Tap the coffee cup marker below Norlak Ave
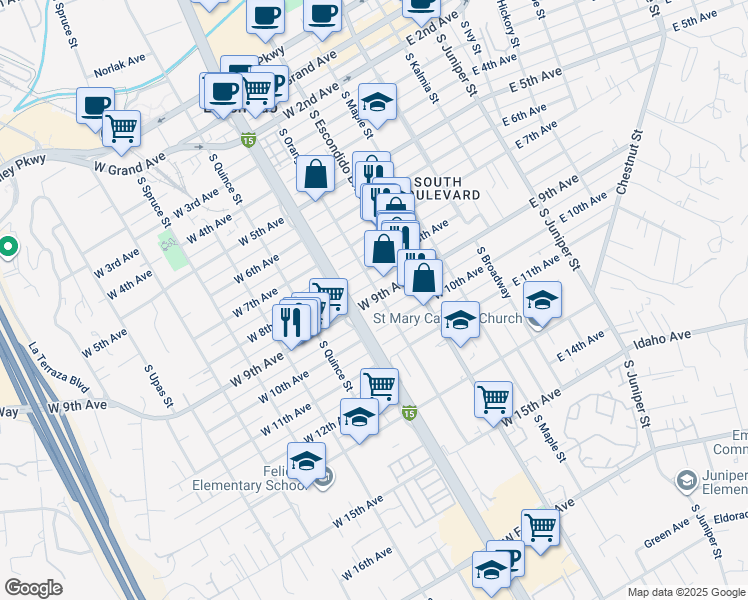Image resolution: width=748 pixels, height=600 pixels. pyautogui.click(x=95, y=105)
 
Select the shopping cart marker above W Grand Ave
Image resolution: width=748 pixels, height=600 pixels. pyautogui.click(x=121, y=128)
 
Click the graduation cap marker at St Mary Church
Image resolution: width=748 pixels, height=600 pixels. pyautogui.click(x=459, y=320)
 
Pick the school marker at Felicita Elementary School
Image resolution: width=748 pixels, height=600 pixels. pyautogui.click(x=307, y=461)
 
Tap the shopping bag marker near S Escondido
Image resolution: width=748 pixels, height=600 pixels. pyautogui.click(x=315, y=173)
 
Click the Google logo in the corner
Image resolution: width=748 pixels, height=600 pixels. pyautogui.click(x=33, y=588)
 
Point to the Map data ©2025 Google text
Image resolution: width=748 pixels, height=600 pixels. pyautogui.click(x=686, y=592)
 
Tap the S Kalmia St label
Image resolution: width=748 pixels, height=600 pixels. pyautogui.click(x=422, y=77)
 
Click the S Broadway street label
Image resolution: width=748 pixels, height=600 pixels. pyautogui.click(x=494, y=273)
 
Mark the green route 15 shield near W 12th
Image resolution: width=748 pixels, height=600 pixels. pyautogui.click(x=409, y=412)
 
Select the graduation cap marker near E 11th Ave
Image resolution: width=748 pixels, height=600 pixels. pyautogui.click(x=542, y=300)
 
